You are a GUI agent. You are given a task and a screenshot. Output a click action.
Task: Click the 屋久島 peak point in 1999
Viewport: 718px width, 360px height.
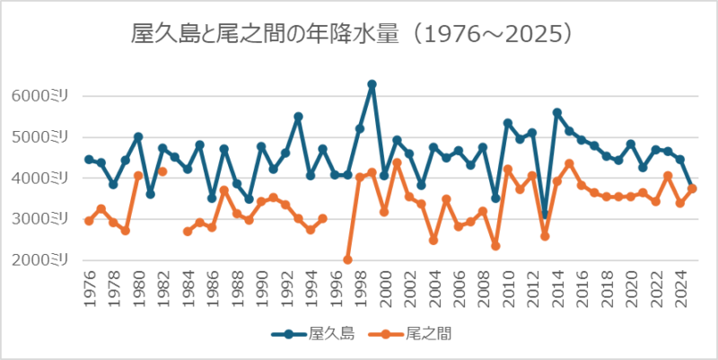pos(372,84)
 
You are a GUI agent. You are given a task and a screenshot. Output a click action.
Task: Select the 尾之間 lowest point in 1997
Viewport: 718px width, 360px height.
pos(347,259)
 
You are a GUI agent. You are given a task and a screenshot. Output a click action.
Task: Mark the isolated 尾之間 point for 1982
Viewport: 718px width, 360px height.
pos(162,171)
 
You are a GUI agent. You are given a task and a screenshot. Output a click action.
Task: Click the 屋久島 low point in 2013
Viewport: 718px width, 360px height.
pos(544,215)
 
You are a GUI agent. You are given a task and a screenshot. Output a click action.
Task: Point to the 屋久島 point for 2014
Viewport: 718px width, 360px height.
pos(556,113)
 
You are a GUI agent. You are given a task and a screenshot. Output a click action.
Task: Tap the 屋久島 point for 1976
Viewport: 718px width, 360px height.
pos(89,159)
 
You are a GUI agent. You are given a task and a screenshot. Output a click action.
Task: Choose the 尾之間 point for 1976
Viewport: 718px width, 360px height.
pos(89,221)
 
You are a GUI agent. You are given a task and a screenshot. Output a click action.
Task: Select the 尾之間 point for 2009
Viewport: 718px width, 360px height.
pos(495,245)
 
